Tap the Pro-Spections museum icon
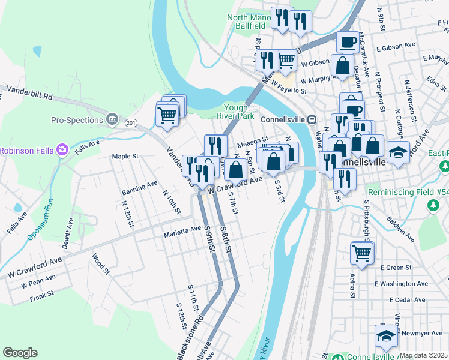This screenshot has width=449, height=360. pos(112,120)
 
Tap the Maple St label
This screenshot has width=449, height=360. pos(125,157)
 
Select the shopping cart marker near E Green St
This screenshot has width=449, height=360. pos(363,252)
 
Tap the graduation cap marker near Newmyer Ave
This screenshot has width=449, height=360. pos(385,336)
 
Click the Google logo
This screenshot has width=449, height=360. pos(20,353)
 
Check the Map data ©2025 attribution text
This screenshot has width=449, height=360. pos(424,355)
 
